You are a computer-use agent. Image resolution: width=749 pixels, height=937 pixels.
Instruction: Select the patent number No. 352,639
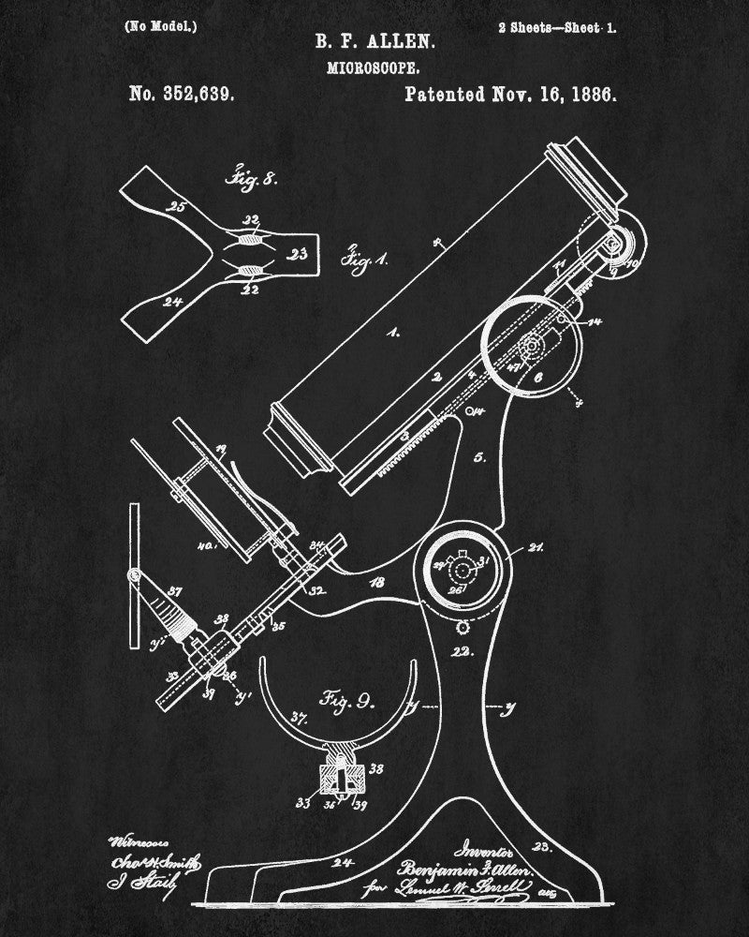pos(181,95)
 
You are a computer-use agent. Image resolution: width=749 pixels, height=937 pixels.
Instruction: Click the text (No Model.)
pos(160,26)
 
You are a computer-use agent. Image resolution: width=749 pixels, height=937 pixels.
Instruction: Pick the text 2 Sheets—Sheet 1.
pos(556,27)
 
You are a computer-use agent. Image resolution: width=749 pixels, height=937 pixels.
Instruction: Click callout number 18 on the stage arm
pos(377,582)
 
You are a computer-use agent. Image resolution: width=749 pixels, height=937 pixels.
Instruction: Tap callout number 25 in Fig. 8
pos(176,206)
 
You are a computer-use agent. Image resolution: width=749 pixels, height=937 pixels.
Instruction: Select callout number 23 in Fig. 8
pos(300,253)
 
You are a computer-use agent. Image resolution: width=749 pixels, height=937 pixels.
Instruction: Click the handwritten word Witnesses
pos(133,839)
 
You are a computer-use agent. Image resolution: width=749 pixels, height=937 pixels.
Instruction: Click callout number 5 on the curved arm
pos(478,458)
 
